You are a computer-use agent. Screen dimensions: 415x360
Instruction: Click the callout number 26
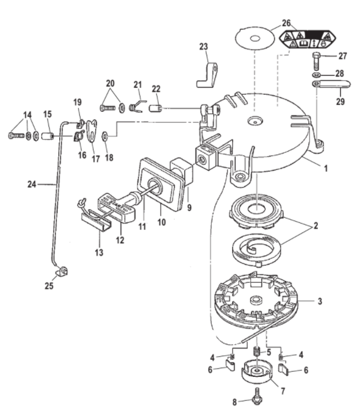click(286, 23)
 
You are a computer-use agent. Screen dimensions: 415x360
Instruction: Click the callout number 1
click(326, 168)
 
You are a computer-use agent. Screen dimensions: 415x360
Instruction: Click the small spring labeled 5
click(256, 352)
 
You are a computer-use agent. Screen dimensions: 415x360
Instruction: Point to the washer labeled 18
click(105, 136)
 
